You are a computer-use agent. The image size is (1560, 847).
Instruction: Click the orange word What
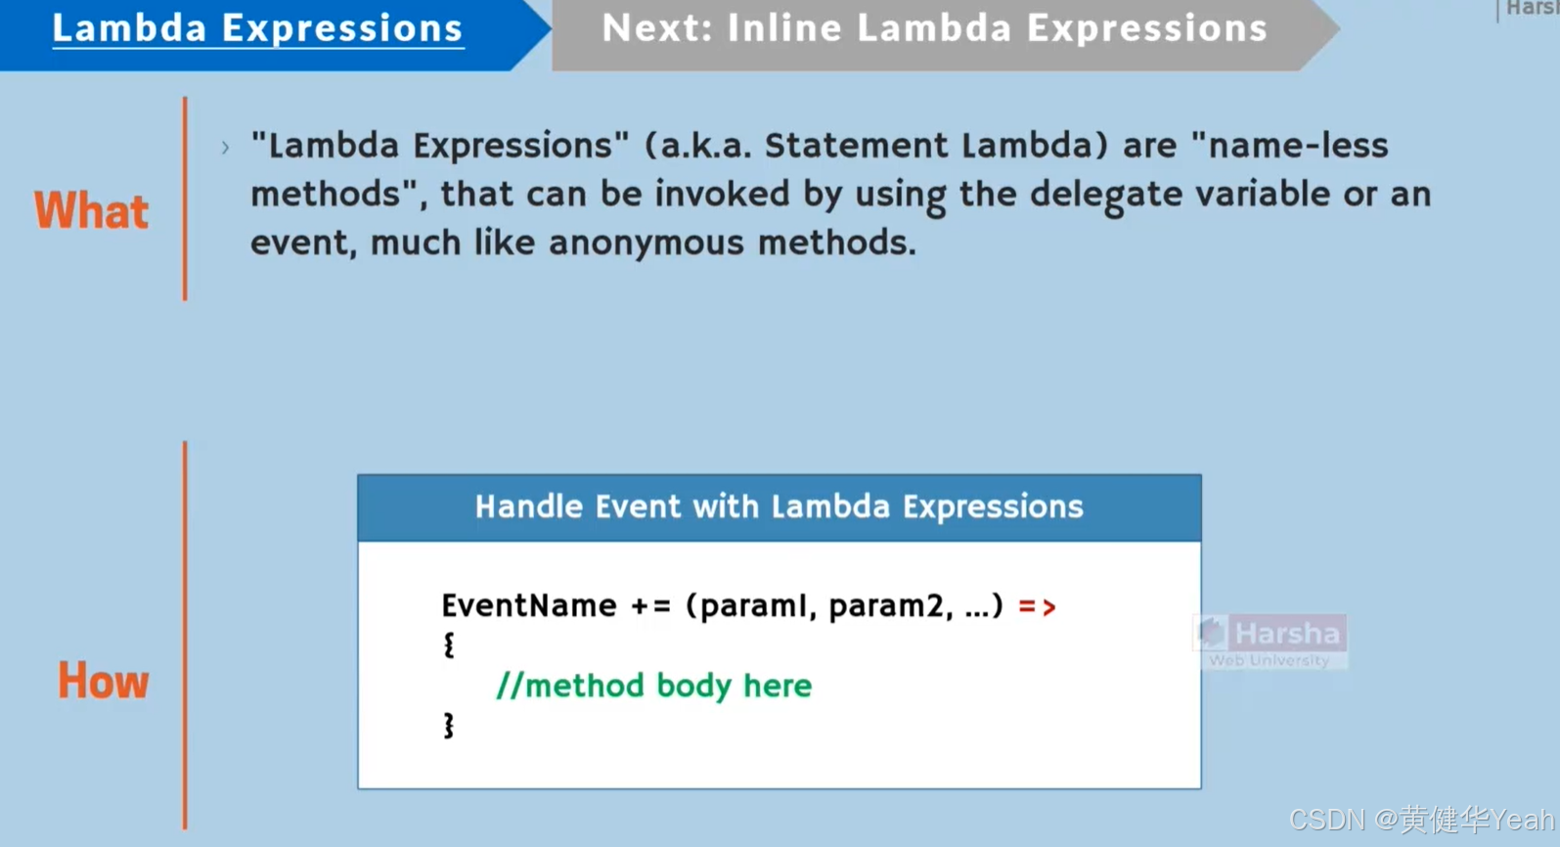pyautogui.click(x=91, y=210)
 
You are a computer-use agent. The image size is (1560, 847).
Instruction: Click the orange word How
pyautogui.click(x=103, y=681)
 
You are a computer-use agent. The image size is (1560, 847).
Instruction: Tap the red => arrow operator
pyautogui.click(x=1037, y=606)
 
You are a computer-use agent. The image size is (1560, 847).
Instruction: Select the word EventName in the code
pyautogui.click(x=529, y=605)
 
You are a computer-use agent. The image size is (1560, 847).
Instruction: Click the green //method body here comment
pyautogui.click(x=654, y=686)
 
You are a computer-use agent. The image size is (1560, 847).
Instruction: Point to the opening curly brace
pyautogui.click(x=449, y=645)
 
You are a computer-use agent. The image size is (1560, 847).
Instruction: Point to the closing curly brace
pyautogui.click(x=449, y=726)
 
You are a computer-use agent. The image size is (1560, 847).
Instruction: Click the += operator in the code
pyautogui.click(x=650, y=606)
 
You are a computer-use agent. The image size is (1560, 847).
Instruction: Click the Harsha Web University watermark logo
pyautogui.click(x=1270, y=642)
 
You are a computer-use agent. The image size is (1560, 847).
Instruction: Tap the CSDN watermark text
pyautogui.click(x=1422, y=820)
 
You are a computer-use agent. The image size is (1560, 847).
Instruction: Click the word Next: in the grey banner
pyautogui.click(x=657, y=28)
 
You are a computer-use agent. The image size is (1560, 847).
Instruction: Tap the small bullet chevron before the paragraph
pyautogui.click(x=225, y=148)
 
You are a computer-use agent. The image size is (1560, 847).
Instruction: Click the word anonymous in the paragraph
pyautogui.click(x=646, y=244)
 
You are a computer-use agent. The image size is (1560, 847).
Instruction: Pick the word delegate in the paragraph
pyautogui.click(x=1106, y=195)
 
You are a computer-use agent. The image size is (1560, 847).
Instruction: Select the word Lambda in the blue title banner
pyautogui.click(x=129, y=28)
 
